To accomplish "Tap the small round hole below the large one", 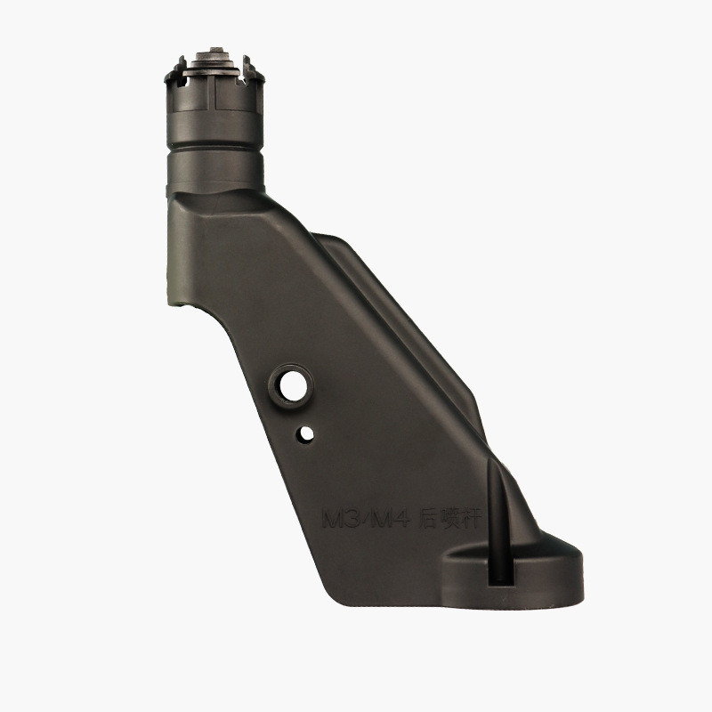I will [x=306, y=433].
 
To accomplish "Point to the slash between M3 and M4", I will [x=364, y=520].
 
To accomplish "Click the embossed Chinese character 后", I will [x=428, y=520].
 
